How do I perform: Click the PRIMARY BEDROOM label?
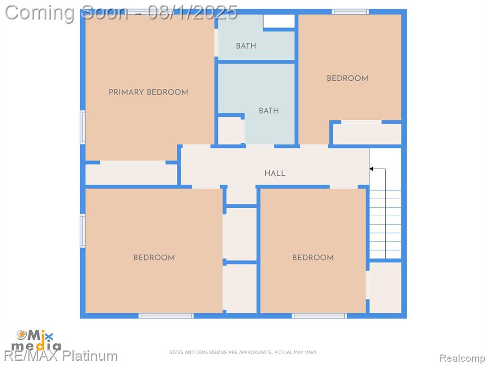pyautogui.click(x=148, y=92)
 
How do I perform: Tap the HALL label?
pyautogui.click(x=275, y=173)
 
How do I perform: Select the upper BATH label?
pyautogui.click(x=246, y=46)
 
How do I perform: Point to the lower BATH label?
pyautogui.click(x=269, y=110)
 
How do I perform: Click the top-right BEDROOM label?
pyautogui.click(x=347, y=78)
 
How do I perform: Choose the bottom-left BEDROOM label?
pyautogui.click(x=154, y=257)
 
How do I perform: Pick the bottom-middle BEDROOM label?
pyautogui.click(x=313, y=257)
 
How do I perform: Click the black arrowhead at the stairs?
pyautogui.click(x=371, y=169)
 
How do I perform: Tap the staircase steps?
pyautogui.click(x=385, y=223)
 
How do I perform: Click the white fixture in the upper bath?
pyautogui.click(x=279, y=21)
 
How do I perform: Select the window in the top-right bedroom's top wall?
pyautogui.click(x=351, y=12)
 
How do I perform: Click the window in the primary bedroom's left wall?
pyautogui.click(x=83, y=127)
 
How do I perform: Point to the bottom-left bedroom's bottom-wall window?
pyautogui.click(x=166, y=316)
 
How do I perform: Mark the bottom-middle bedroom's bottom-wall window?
pyautogui.click(x=319, y=316)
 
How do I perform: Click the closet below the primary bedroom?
pyautogui.click(x=131, y=174)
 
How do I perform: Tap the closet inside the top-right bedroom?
pyautogui.click(x=367, y=134)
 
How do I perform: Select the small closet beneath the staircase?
pyautogui.click(x=385, y=288)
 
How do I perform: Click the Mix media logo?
pyautogui.click(x=36, y=341)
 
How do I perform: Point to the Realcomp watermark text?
pyautogui.click(x=462, y=358)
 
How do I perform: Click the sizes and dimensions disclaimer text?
pyautogui.click(x=243, y=352)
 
